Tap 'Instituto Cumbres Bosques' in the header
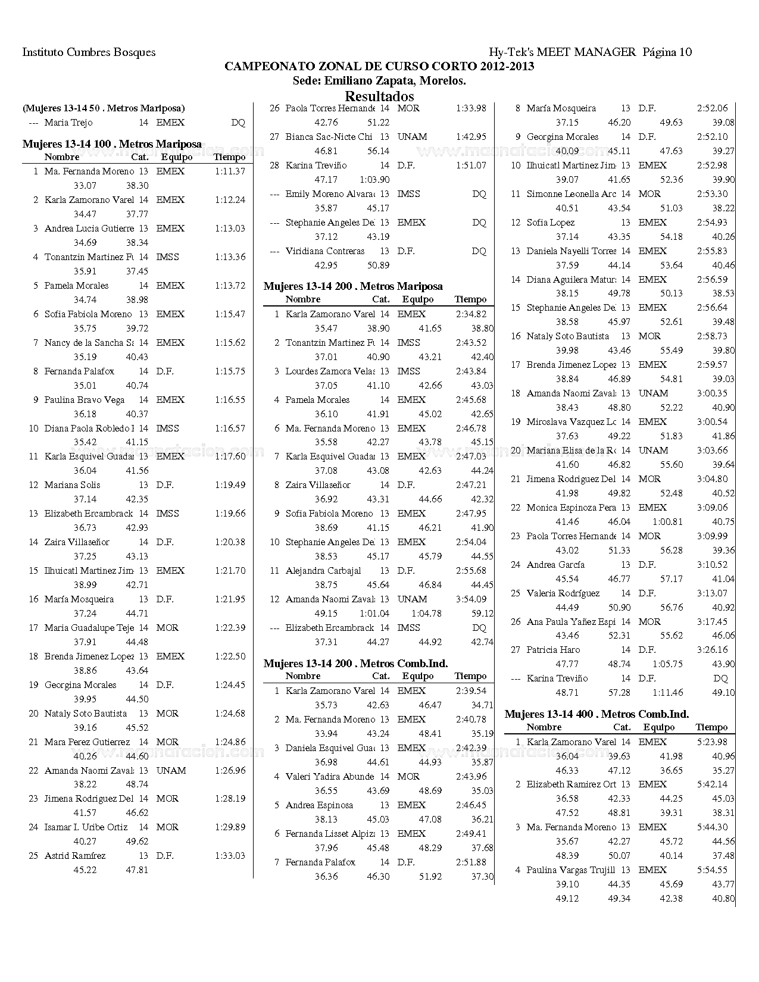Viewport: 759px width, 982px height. coord(89,52)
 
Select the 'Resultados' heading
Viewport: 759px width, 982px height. coord(379,96)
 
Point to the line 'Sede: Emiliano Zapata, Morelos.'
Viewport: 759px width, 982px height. coord(379,81)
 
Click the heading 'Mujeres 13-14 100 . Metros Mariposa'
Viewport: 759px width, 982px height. coord(112,144)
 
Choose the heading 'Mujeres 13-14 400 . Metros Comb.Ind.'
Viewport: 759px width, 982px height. coord(596,714)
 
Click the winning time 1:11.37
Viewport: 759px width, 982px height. coord(230,171)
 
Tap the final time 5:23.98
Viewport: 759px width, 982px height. coord(712,742)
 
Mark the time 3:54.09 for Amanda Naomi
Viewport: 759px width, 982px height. coord(471,599)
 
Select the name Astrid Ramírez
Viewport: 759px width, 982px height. coord(75,856)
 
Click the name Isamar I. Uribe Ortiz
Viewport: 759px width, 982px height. coord(86,827)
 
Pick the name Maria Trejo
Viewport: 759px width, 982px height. coord(68,123)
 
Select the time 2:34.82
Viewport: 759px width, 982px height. coord(471,314)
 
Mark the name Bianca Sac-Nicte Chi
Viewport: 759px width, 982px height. coord(329,137)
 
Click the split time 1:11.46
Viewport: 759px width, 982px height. coord(667,693)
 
